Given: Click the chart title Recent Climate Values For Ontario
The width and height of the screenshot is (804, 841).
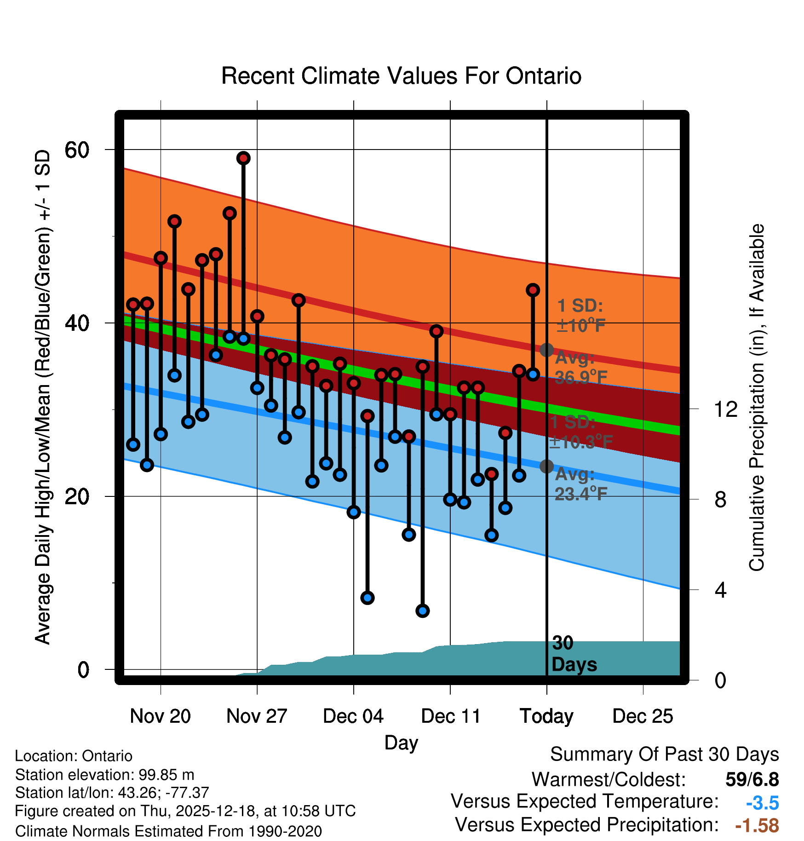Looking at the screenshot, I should (401, 76).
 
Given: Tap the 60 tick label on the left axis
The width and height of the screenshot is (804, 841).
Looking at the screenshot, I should (77, 150).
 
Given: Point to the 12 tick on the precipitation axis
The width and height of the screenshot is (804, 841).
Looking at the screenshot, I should (726, 409).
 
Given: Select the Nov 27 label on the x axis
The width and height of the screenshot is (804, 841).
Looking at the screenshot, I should (257, 716).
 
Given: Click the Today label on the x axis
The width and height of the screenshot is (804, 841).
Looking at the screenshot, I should (546, 716).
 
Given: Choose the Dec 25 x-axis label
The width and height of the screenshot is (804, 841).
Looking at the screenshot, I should (643, 716).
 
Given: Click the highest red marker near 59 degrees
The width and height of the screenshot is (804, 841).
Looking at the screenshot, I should (243, 158).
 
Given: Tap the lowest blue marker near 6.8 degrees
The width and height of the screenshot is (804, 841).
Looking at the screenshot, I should (423, 611).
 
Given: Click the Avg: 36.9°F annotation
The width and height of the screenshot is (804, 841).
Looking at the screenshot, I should (580, 368).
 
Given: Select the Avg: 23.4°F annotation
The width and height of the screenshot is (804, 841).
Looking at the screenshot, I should (580, 484).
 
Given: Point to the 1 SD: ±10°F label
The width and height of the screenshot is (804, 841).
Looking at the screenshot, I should (580, 316).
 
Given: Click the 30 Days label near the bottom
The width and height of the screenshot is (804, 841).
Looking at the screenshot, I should (574, 654).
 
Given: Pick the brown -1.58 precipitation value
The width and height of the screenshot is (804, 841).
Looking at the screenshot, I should (757, 825).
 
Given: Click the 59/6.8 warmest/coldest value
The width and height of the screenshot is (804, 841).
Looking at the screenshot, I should (752, 779).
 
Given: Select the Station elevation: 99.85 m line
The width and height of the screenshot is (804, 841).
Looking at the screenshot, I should (105, 775).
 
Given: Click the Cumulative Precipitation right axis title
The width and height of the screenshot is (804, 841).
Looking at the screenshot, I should (757, 397).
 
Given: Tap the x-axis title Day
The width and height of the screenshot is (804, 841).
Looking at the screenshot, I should (401, 743).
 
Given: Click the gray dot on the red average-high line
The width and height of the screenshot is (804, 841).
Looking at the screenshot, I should (546, 350).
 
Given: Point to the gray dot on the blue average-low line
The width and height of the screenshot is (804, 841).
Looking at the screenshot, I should (546, 467).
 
